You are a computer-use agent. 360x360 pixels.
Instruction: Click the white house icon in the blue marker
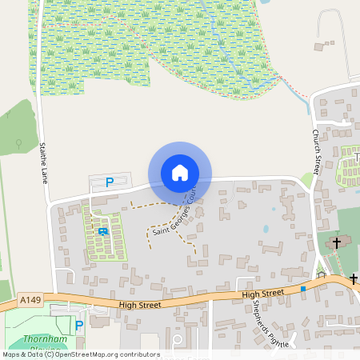179,173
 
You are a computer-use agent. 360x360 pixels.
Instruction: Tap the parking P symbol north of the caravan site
109,182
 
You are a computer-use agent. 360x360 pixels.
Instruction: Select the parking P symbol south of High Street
78,325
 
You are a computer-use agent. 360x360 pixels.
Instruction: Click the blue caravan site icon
102,231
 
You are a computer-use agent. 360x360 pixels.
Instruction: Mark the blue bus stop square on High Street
303,288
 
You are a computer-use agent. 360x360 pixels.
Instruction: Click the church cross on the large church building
337,242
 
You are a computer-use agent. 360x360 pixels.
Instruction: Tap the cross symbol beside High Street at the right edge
353,278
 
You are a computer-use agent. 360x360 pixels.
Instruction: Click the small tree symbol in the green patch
18,143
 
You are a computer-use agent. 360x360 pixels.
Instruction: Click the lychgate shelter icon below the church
321,274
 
